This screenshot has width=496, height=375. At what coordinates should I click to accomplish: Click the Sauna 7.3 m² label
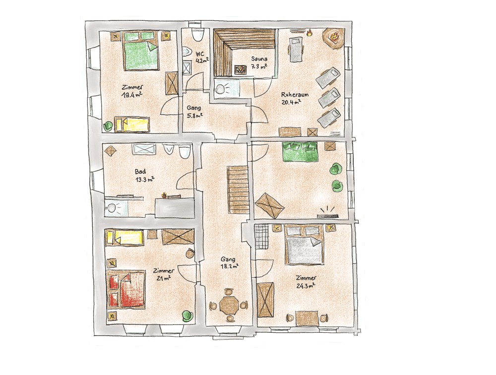pos(259,62)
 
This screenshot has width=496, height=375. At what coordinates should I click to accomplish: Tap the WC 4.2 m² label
pos(202,57)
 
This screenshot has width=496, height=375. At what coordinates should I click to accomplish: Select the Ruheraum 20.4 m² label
pos(294,98)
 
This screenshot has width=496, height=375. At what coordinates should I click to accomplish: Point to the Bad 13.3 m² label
pos(144,176)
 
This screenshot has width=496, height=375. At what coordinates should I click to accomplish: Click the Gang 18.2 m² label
pos(229,263)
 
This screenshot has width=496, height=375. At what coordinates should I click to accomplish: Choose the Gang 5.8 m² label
pos(194,112)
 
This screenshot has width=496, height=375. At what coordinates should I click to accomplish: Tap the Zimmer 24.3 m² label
pos(306,282)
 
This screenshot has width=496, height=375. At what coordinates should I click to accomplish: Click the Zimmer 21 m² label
pos(163,274)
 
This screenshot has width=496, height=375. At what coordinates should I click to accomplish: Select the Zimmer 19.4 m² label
pos(132,91)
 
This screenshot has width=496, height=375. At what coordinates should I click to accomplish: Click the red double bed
pos(126,289)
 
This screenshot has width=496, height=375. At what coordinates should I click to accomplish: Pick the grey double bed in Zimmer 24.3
pos(305,245)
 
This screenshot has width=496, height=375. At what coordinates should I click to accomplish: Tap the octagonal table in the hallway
pos(229,305)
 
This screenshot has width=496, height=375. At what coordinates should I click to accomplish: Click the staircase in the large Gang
pos(238,189)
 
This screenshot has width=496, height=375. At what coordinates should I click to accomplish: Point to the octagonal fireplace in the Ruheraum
pos(333,38)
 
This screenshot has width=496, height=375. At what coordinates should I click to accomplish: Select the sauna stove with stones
pos(241,69)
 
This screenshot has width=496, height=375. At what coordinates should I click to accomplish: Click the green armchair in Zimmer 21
pos(187,316)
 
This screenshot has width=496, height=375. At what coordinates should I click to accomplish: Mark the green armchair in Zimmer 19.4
pos(108,126)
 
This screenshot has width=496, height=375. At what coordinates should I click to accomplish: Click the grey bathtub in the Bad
pos(175,208)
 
